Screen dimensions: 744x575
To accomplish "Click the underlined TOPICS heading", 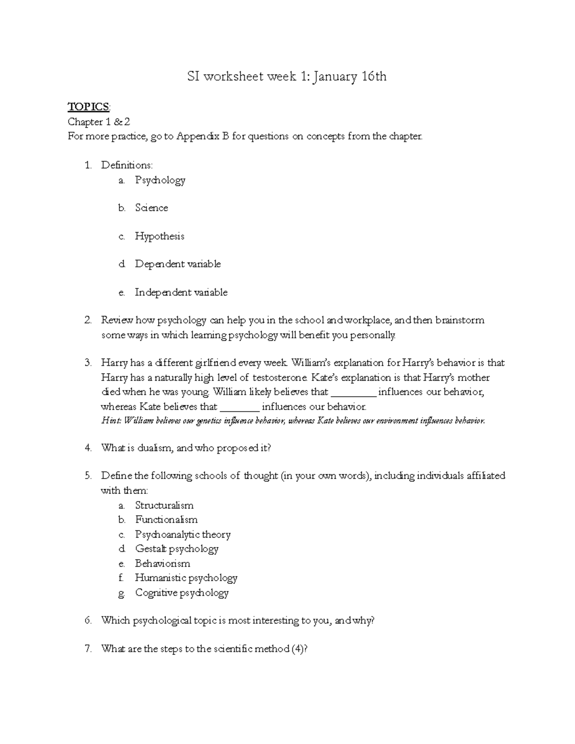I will tap(89, 106).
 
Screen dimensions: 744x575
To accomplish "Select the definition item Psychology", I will tap(160, 181).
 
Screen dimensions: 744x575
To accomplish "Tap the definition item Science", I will tap(151, 208).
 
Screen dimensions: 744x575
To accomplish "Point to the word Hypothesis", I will tap(160, 236).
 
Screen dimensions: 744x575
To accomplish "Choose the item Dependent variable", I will tap(178, 264).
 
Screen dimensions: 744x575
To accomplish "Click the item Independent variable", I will tap(181, 292).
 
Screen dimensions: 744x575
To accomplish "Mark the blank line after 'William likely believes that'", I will tap(354, 393).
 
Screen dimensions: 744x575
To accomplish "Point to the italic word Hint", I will tap(112, 421).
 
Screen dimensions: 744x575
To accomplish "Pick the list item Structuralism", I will tap(164, 505).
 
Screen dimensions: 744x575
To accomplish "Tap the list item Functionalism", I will tap(166, 520).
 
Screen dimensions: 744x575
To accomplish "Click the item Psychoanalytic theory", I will tap(183, 535).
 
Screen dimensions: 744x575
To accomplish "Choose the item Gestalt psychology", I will tap(177, 549).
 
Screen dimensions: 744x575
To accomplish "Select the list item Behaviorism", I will tap(162, 563).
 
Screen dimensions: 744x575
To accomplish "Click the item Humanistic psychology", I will tap(186, 578).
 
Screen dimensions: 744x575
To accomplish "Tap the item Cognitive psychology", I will tap(182, 593).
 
